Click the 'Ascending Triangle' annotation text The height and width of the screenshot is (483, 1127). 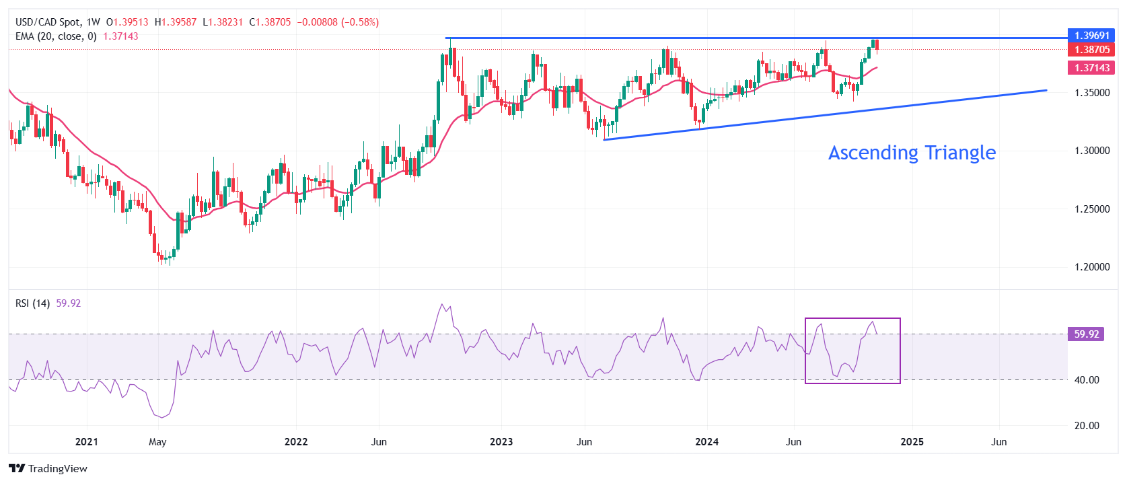(x=912, y=153)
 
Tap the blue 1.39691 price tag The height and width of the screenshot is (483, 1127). (x=1091, y=36)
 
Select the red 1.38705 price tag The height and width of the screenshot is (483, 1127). (x=1091, y=50)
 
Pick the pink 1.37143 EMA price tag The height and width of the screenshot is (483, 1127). (x=1091, y=68)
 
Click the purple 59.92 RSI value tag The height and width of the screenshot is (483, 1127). (x=1086, y=334)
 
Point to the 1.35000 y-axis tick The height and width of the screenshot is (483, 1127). (x=1091, y=93)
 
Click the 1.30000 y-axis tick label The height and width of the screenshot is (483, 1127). (x=1091, y=151)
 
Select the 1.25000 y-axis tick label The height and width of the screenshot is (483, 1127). (x=1091, y=209)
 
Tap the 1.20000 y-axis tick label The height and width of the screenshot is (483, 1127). (x=1091, y=267)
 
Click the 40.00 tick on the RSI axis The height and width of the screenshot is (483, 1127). (x=1086, y=380)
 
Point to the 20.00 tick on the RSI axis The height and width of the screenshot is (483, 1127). (x=1086, y=426)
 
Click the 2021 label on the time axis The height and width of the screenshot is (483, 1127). (x=87, y=442)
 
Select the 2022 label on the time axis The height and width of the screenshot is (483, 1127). (x=296, y=442)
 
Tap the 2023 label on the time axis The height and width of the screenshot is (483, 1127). (x=501, y=442)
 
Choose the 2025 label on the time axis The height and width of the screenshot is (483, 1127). (x=912, y=442)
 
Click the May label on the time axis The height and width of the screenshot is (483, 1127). (x=157, y=442)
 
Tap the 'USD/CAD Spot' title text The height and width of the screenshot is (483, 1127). (x=48, y=22)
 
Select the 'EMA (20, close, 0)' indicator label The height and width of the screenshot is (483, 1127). (x=56, y=36)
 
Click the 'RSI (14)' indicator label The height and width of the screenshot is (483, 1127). (x=32, y=303)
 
